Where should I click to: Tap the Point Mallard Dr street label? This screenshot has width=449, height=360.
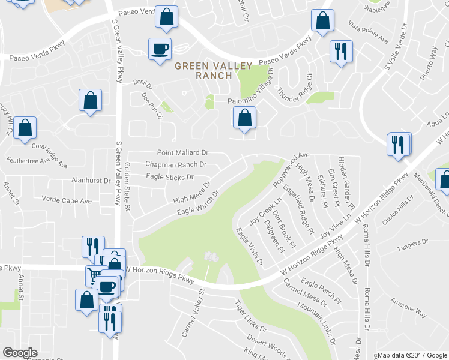click(182, 153)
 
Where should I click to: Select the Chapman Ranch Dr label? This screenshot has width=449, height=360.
click(176, 164)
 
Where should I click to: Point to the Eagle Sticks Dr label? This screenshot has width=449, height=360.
click(170, 177)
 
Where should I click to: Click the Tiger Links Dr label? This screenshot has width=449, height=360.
click(251, 316)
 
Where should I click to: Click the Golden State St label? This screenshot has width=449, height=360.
click(127, 186)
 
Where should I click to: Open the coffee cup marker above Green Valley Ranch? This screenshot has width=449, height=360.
click(160, 49)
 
